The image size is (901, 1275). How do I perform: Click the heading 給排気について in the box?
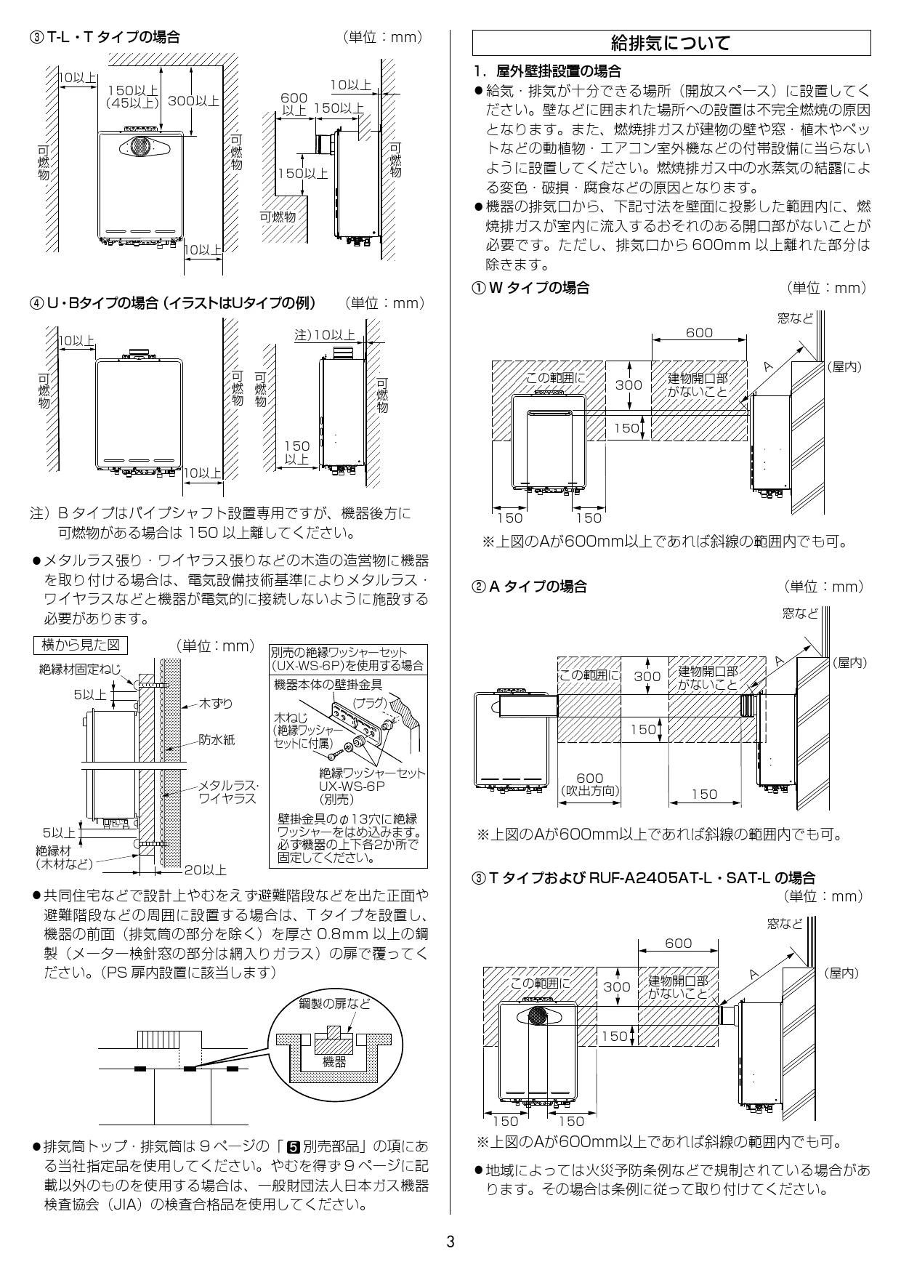(671, 43)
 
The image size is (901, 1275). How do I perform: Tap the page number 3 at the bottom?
(450, 1242)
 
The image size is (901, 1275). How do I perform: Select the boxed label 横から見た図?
(81, 645)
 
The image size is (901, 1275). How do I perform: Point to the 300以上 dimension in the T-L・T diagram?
(193, 101)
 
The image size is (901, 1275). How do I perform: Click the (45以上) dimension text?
(132, 103)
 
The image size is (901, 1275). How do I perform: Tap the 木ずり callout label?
(215, 704)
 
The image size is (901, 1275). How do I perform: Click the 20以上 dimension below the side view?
(205, 869)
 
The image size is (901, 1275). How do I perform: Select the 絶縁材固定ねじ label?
(80, 669)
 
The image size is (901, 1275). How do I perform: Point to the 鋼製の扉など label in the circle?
(335, 1004)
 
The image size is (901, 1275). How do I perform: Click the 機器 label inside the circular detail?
(335, 1062)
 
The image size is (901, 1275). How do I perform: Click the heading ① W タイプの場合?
(531, 288)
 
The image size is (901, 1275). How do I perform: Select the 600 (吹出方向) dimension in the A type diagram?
(589, 784)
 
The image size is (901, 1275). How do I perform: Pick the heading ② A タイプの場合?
(530, 587)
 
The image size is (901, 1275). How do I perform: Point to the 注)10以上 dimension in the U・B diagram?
(324, 335)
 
